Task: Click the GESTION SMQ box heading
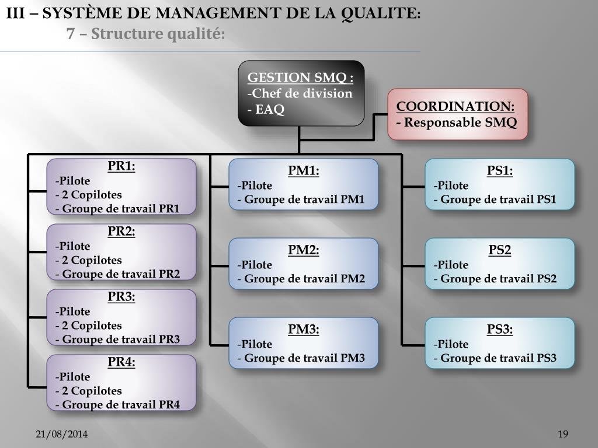(300, 78)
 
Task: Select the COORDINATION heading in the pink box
(456, 107)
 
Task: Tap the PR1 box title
(121, 166)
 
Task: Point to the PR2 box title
(121, 232)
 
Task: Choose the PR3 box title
(121, 297)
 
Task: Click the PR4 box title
(121, 362)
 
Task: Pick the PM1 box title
(304, 171)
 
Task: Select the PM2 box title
(304, 250)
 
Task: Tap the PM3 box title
(304, 330)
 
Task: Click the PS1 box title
(500, 171)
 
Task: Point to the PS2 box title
(500, 250)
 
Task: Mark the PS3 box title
(500, 330)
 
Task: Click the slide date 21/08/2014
(62, 434)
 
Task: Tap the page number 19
(563, 434)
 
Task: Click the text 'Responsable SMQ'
(460, 123)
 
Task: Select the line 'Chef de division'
(301, 93)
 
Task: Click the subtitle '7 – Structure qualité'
(146, 34)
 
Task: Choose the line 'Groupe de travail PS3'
(498, 358)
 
